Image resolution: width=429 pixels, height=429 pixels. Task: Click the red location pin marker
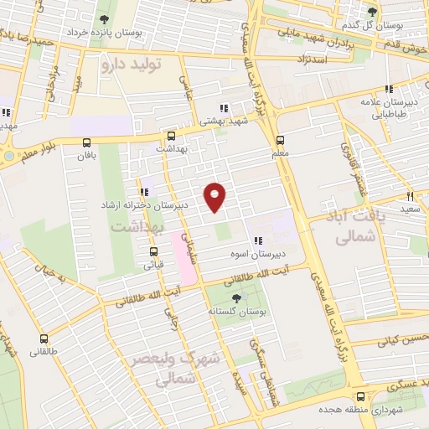coord(216,197)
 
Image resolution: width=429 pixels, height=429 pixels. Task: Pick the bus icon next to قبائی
coord(153,251)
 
